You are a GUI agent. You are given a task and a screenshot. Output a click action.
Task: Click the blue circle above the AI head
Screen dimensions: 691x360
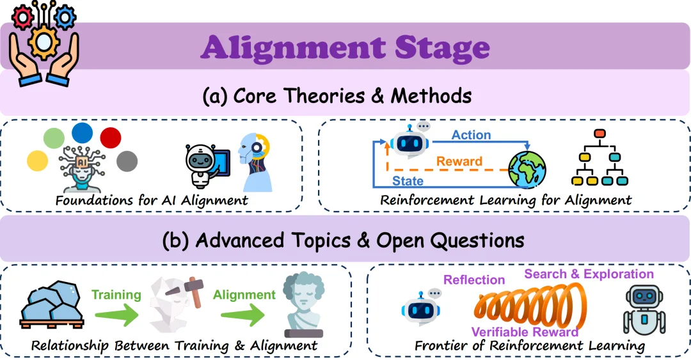click(82, 133)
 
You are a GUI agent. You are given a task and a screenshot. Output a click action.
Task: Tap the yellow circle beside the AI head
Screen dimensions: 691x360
click(38, 161)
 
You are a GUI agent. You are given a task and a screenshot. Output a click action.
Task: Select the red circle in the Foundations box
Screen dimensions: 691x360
click(111, 138)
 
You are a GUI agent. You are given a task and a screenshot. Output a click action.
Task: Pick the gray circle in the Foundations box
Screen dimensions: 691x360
click(127, 161)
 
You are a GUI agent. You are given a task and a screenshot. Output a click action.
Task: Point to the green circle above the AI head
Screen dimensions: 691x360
click(54, 138)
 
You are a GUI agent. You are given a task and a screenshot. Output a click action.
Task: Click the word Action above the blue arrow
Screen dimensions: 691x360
click(471, 135)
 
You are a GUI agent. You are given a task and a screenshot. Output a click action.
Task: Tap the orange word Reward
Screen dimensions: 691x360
click(459, 161)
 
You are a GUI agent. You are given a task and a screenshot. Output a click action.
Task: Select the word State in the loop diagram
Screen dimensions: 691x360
click(408, 181)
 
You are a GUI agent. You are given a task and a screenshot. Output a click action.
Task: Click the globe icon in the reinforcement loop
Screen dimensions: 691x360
click(527, 169)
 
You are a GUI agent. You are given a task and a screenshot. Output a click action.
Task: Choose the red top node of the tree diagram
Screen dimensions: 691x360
click(600, 134)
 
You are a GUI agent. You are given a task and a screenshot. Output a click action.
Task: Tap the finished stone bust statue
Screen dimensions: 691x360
click(303, 304)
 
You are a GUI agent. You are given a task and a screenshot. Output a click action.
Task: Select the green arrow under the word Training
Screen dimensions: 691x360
click(117, 314)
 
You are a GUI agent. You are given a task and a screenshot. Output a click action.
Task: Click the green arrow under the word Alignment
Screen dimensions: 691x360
click(243, 315)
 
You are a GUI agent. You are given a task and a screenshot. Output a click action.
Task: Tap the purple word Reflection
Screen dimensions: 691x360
click(474, 280)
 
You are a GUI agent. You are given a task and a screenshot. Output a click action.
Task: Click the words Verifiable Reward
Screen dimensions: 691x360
click(525, 332)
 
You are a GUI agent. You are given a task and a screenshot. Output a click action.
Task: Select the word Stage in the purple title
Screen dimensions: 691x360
click(442, 47)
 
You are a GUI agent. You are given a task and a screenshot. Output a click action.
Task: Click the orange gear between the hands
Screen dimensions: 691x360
click(44, 42)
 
